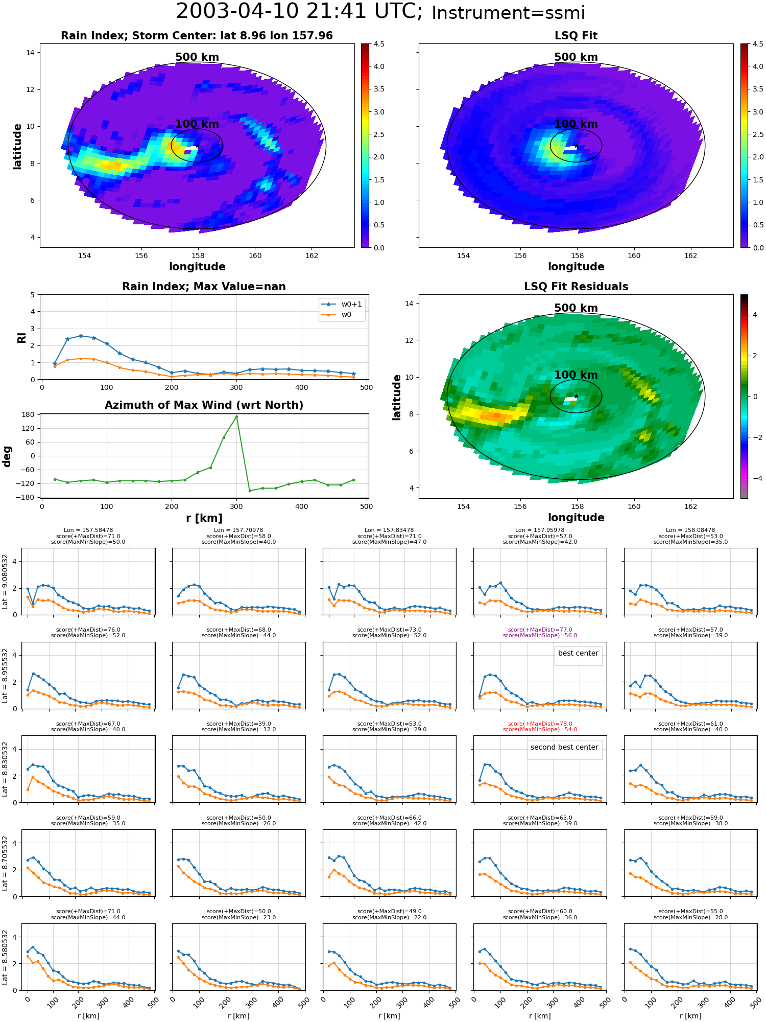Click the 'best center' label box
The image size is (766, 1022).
pos(578,656)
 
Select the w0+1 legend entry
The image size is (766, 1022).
pos(342,305)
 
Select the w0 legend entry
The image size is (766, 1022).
pos(337,315)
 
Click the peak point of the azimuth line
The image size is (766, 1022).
pos(236,416)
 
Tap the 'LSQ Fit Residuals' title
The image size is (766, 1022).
pos(576,287)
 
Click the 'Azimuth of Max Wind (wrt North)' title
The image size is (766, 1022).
pos(204,405)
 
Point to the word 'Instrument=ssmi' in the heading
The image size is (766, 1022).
pos(508,13)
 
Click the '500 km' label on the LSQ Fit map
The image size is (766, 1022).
pos(576,57)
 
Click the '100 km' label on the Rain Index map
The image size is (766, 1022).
pos(197,124)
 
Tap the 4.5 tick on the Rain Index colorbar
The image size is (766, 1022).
pos(378,44)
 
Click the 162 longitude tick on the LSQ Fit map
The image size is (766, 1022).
pos(690,255)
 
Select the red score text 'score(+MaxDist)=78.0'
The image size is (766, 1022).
pos(540,724)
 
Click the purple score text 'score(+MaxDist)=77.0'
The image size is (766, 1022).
pos(540,630)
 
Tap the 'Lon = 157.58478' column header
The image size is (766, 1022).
pos(88,530)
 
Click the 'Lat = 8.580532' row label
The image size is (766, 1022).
pos(5,957)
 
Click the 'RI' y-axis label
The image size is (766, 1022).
pos(21,338)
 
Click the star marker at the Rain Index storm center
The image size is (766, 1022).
pos(197,146)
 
